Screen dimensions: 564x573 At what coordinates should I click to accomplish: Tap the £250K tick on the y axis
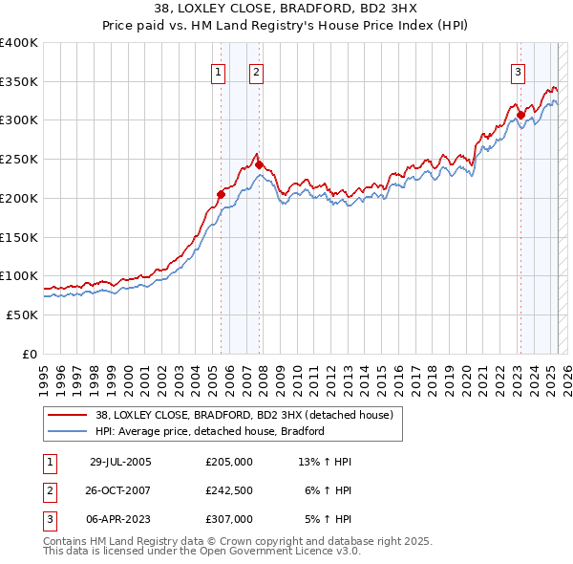(x=19, y=159)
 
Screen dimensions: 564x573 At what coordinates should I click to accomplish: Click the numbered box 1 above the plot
(x=219, y=71)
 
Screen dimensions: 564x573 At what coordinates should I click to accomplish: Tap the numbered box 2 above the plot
(x=257, y=71)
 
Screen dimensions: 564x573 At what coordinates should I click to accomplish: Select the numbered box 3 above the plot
(x=518, y=71)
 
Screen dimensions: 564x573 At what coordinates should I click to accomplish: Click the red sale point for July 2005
(x=221, y=194)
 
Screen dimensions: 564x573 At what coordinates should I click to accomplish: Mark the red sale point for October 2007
(x=259, y=164)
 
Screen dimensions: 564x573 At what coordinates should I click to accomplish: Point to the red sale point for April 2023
(x=520, y=115)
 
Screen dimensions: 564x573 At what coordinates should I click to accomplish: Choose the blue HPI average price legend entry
(x=210, y=431)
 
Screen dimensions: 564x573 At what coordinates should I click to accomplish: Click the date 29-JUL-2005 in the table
(x=120, y=462)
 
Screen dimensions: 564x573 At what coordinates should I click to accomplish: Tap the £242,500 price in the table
(x=229, y=490)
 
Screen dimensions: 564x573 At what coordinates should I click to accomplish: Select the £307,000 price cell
(x=229, y=519)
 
